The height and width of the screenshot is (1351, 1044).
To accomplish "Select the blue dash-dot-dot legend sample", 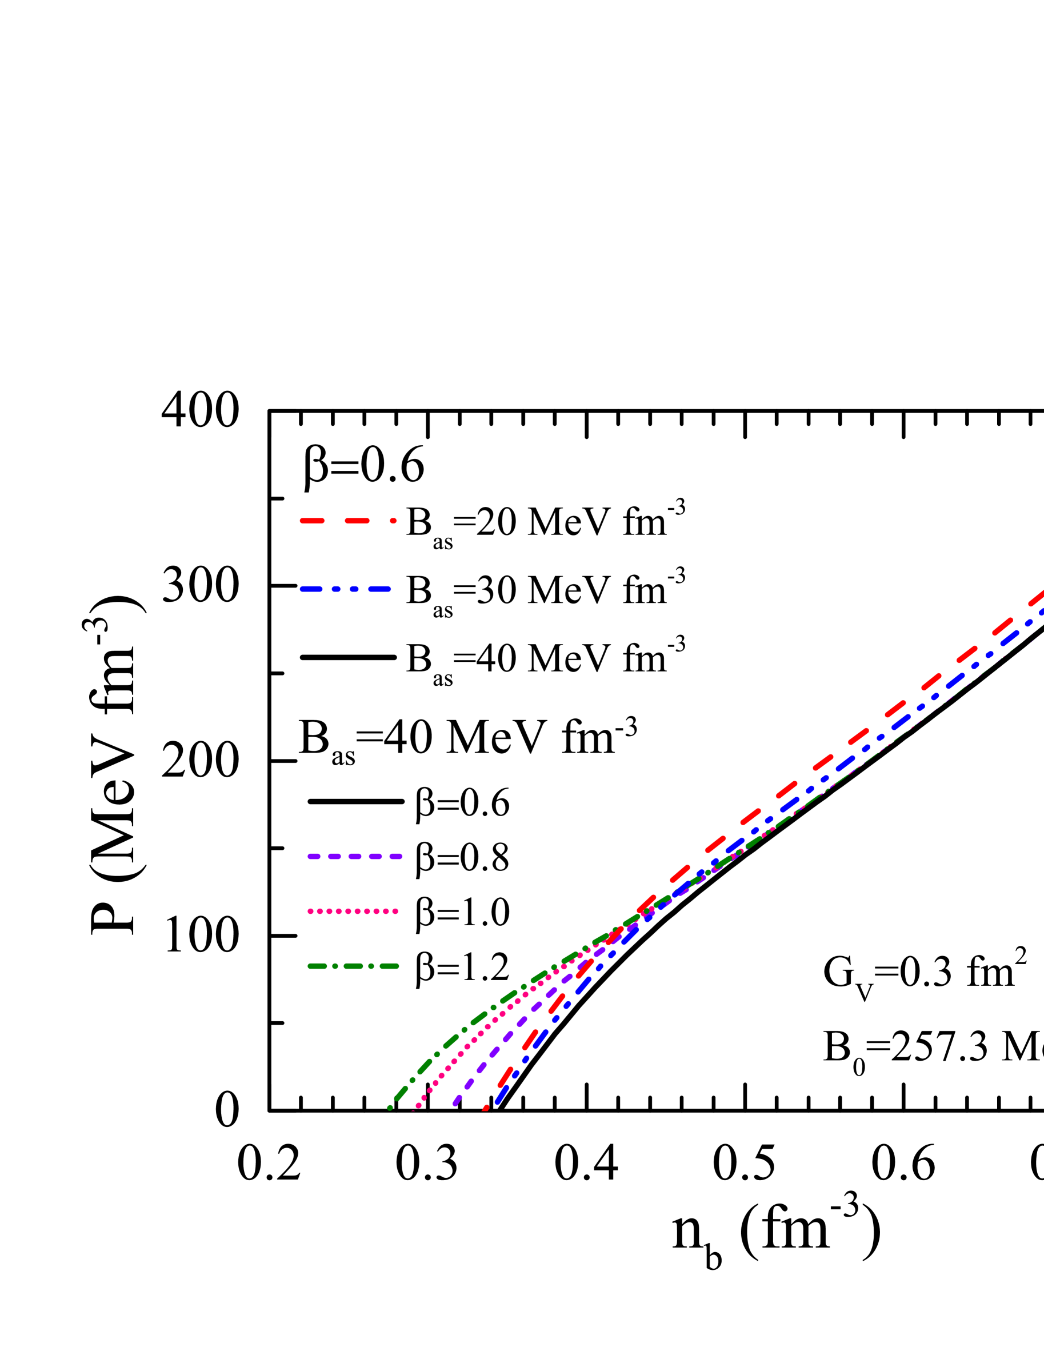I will point(345,589).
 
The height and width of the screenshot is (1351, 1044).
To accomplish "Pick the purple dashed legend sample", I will point(355,856).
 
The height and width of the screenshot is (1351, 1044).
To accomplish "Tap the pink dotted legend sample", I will point(353,911).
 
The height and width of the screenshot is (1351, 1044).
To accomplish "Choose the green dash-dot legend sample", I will point(353,966).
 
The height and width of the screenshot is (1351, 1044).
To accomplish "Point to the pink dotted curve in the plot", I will point(461,1052).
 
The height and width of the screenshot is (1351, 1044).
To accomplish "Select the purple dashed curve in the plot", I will point(495,1051).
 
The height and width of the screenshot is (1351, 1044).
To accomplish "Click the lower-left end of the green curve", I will point(390,1108).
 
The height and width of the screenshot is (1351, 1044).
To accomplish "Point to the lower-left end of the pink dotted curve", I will point(413,1111).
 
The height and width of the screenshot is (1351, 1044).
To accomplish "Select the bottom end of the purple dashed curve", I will point(455,1104).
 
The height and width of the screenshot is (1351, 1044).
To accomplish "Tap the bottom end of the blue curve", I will point(497,1102).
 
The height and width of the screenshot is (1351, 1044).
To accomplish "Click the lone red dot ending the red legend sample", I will point(393,521).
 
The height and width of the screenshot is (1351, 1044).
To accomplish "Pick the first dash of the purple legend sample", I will point(314,856).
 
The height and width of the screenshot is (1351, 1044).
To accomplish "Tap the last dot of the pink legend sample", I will point(396,911).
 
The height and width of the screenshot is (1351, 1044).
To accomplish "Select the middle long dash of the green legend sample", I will point(353,966).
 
